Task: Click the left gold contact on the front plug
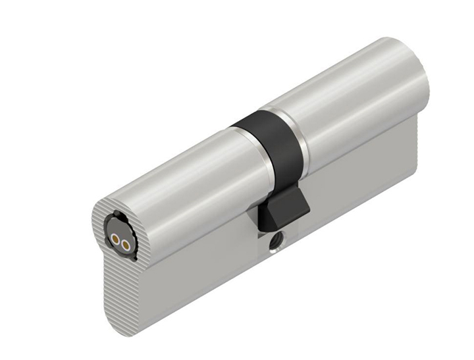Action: click(115, 241)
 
